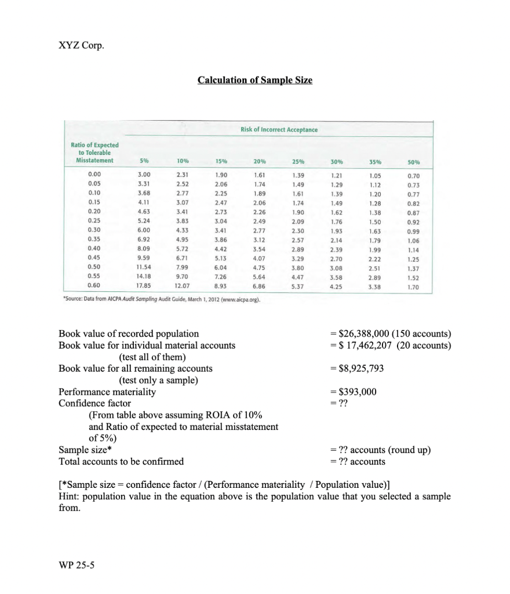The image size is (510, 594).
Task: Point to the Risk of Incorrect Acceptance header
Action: [x=279, y=129]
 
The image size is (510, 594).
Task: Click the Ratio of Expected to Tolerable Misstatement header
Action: [x=94, y=153]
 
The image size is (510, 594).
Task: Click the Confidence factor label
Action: [x=94, y=403]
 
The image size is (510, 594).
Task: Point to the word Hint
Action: [x=70, y=497]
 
